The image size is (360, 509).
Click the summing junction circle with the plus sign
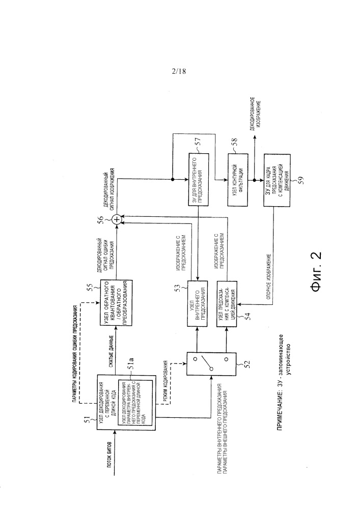117,219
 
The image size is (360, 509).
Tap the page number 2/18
179,71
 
